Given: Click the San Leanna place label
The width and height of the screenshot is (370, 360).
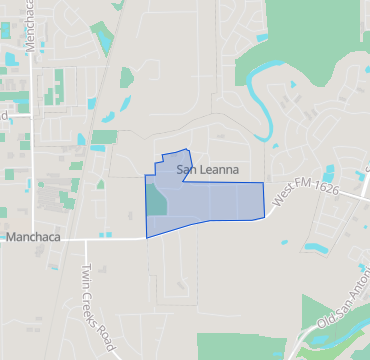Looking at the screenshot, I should (x=208, y=170).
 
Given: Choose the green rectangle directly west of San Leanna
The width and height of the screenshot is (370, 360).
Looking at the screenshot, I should (x=104, y=136).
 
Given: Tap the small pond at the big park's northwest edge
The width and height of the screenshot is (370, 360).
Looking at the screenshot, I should (x=261, y=37).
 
